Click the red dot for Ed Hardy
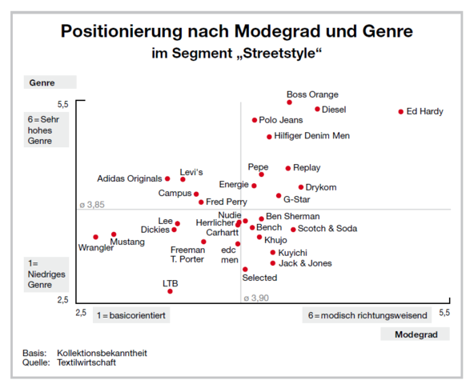coord(401,112)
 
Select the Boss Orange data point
coord(289,102)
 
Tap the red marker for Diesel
coord(317,109)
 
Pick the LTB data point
coord(170,291)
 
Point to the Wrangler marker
coord(95,237)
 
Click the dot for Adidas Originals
coord(167,178)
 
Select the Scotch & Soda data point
coord(293,230)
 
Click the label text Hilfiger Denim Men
coord(311,136)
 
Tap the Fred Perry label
coord(227,202)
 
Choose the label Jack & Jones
coord(305,263)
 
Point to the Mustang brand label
coord(127,242)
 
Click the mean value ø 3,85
coord(93,205)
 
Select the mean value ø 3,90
coord(256,298)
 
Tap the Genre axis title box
coord(50,82)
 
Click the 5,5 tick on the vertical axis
coord(62,105)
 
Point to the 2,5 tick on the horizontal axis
coord(82,311)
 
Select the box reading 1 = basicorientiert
coord(131,315)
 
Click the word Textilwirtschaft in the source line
coord(86,362)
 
